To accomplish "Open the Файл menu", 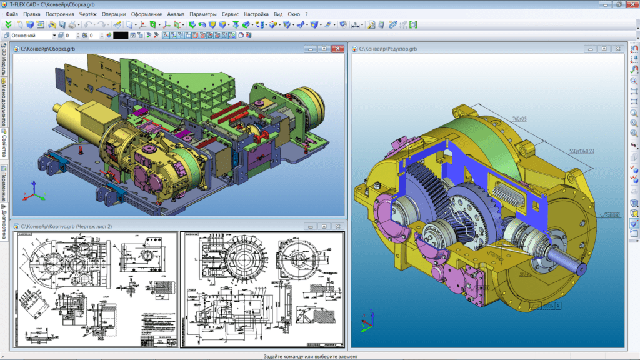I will pyautogui.click(x=11, y=14).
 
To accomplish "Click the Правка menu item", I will pyautogui.click(x=32, y=14).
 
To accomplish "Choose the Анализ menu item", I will pyautogui.click(x=176, y=14).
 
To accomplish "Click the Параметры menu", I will pyautogui.click(x=203, y=14).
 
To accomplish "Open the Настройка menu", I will pyautogui.click(x=256, y=14).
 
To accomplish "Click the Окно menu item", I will pyautogui.click(x=294, y=14).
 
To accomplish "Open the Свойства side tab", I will pyautogui.click(x=4, y=143).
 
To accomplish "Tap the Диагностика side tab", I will pyautogui.click(x=4, y=222).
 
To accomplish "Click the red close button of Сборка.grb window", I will pyautogui.click(x=337, y=48).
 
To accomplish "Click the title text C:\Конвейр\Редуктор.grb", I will pyautogui.click(x=387, y=48).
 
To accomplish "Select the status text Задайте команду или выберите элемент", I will pyautogui.click(x=319, y=356).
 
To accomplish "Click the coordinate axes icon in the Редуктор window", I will pyautogui.click(x=366, y=321).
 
